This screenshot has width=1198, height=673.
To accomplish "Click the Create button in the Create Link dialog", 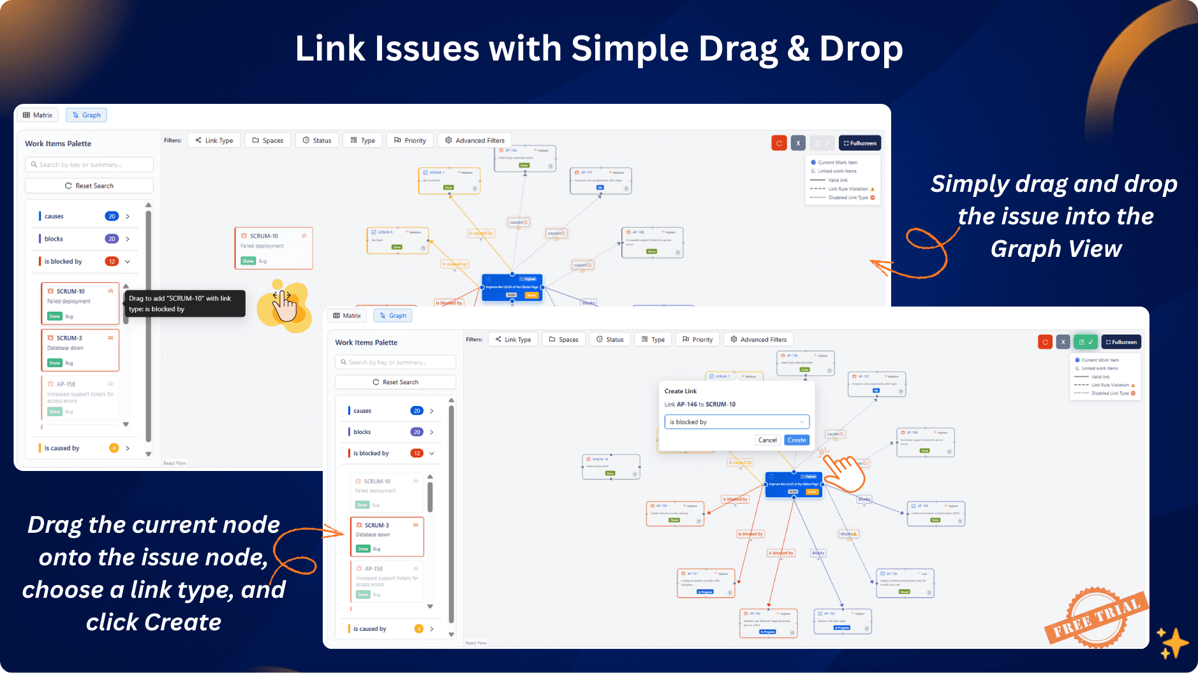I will click(797, 440).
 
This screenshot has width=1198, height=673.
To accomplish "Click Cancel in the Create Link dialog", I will click(767, 440).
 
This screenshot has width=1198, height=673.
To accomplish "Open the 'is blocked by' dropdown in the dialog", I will click(737, 422).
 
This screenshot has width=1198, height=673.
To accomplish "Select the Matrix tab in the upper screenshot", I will click(38, 115).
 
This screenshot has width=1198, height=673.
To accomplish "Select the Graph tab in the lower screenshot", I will click(393, 315).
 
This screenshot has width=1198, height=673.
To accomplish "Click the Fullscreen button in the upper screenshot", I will click(860, 143).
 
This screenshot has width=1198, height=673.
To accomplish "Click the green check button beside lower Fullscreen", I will click(1085, 342).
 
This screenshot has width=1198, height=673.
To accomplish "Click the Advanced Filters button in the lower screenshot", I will click(758, 340).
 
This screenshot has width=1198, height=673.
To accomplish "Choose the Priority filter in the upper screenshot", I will click(410, 140).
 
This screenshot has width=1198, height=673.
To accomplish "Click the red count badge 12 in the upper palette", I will click(112, 261).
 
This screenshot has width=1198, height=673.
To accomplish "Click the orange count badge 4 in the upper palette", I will click(114, 448).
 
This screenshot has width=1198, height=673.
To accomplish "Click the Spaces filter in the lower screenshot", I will click(563, 340).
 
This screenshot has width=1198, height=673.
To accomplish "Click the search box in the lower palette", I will click(396, 362).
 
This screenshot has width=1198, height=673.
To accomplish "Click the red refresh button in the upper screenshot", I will click(779, 143).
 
